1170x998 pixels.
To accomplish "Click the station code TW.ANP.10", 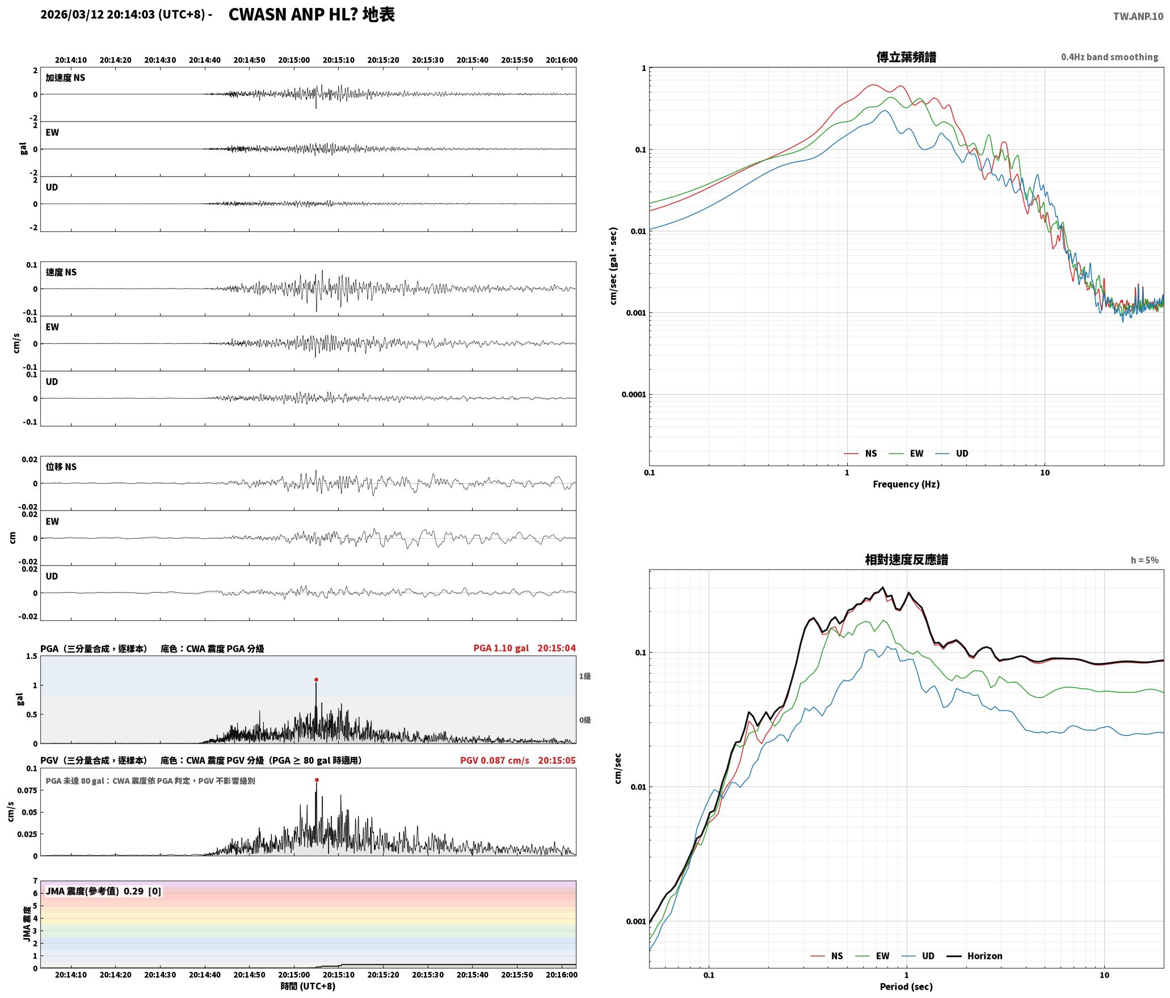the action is pyautogui.click(x=1138, y=16).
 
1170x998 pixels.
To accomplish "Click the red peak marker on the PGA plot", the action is pyautogui.click(x=316, y=679).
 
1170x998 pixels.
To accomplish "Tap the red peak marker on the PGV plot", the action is pyautogui.click(x=317, y=780).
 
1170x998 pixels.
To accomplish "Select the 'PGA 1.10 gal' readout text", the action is pyautogui.click(x=501, y=648).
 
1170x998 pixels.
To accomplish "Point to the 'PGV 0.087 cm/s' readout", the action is pyautogui.click(x=495, y=760).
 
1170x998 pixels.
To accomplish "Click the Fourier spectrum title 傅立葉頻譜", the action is pyautogui.click(x=906, y=57).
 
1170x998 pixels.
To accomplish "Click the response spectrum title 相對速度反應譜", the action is pyautogui.click(x=906, y=560).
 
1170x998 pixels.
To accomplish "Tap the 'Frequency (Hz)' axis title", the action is pyautogui.click(x=906, y=484).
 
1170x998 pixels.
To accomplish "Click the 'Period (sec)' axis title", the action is pyautogui.click(x=906, y=987).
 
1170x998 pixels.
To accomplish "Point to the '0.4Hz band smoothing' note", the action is pyautogui.click(x=1110, y=57).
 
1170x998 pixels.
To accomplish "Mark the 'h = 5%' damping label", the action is pyautogui.click(x=1144, y=560).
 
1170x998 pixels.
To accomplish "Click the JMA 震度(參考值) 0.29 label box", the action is pyautogui.click(x=103, y=891).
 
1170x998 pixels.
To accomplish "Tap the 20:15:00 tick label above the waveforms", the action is pyautogui.click(x=294, y=60).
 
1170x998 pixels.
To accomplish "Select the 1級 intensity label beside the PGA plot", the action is pyautogui.click(x=585, y=676).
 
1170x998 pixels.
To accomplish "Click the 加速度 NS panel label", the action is pyautogui.click(x=65, y=78).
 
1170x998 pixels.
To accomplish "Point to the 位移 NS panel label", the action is pyautogui.click(x=61, y=467).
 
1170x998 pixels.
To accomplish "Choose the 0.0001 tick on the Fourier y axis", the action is pyautogui.click(x=634, y=395).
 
